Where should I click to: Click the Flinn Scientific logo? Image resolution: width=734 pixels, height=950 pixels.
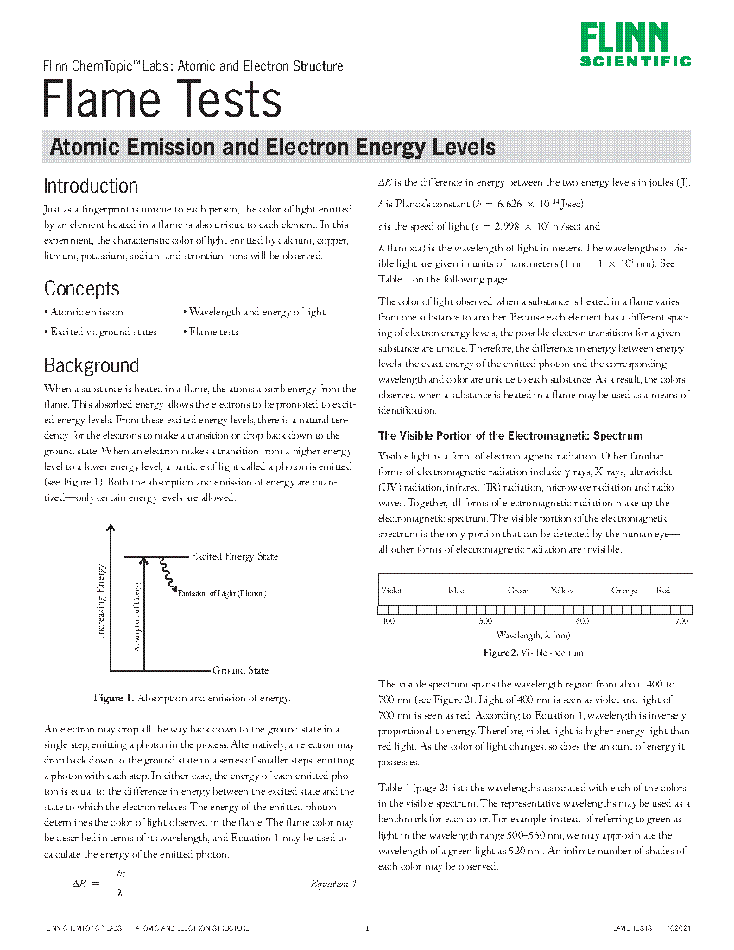point(635,45)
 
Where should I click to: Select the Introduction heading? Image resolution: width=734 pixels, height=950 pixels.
point(91,186)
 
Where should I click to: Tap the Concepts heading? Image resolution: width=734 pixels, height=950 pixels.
point(82,288)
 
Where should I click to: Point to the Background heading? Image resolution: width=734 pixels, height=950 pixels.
point(92,365)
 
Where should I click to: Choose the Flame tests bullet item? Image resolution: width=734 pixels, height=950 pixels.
point(212,332)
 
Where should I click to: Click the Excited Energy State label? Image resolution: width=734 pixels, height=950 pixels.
point(234,557)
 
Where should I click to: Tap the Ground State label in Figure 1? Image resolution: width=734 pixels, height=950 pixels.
point(240,670)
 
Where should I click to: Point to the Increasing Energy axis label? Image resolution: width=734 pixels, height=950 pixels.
point(101,601)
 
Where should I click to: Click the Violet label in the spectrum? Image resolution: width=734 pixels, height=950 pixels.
point(391,591)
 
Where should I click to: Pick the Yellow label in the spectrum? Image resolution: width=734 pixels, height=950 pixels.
point(561,591)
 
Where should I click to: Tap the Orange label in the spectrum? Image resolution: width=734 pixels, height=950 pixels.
point(624,591)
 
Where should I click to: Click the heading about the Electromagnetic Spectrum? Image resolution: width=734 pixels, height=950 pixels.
point(510,436)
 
